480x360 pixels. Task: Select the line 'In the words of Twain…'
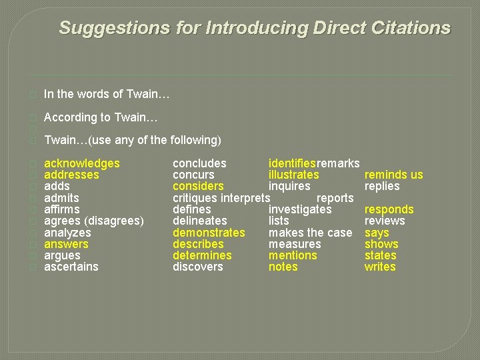[107, 95]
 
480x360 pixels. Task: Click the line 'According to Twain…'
[101, 117]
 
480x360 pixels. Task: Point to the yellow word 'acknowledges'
[81, 163]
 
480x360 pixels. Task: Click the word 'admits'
[61, 198]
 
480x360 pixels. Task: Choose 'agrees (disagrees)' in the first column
[93, 221]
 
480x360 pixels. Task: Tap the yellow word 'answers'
[66, 244]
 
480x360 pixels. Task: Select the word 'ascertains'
[71, 267]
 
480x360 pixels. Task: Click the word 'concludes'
[199, 163]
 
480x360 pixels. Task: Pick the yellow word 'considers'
[198, 186]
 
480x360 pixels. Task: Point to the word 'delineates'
[199, 221]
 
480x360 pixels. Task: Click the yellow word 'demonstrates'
[209, 233]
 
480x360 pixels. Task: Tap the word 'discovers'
[198, 267]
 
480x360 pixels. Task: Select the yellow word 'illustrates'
[293, 175]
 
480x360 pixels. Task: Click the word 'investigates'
[299, 209]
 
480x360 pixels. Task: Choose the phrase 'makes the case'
[310, 233]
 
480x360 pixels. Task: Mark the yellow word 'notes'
[283, 267]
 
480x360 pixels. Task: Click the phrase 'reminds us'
[393, 175]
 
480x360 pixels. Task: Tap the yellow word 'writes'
[380, 267]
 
